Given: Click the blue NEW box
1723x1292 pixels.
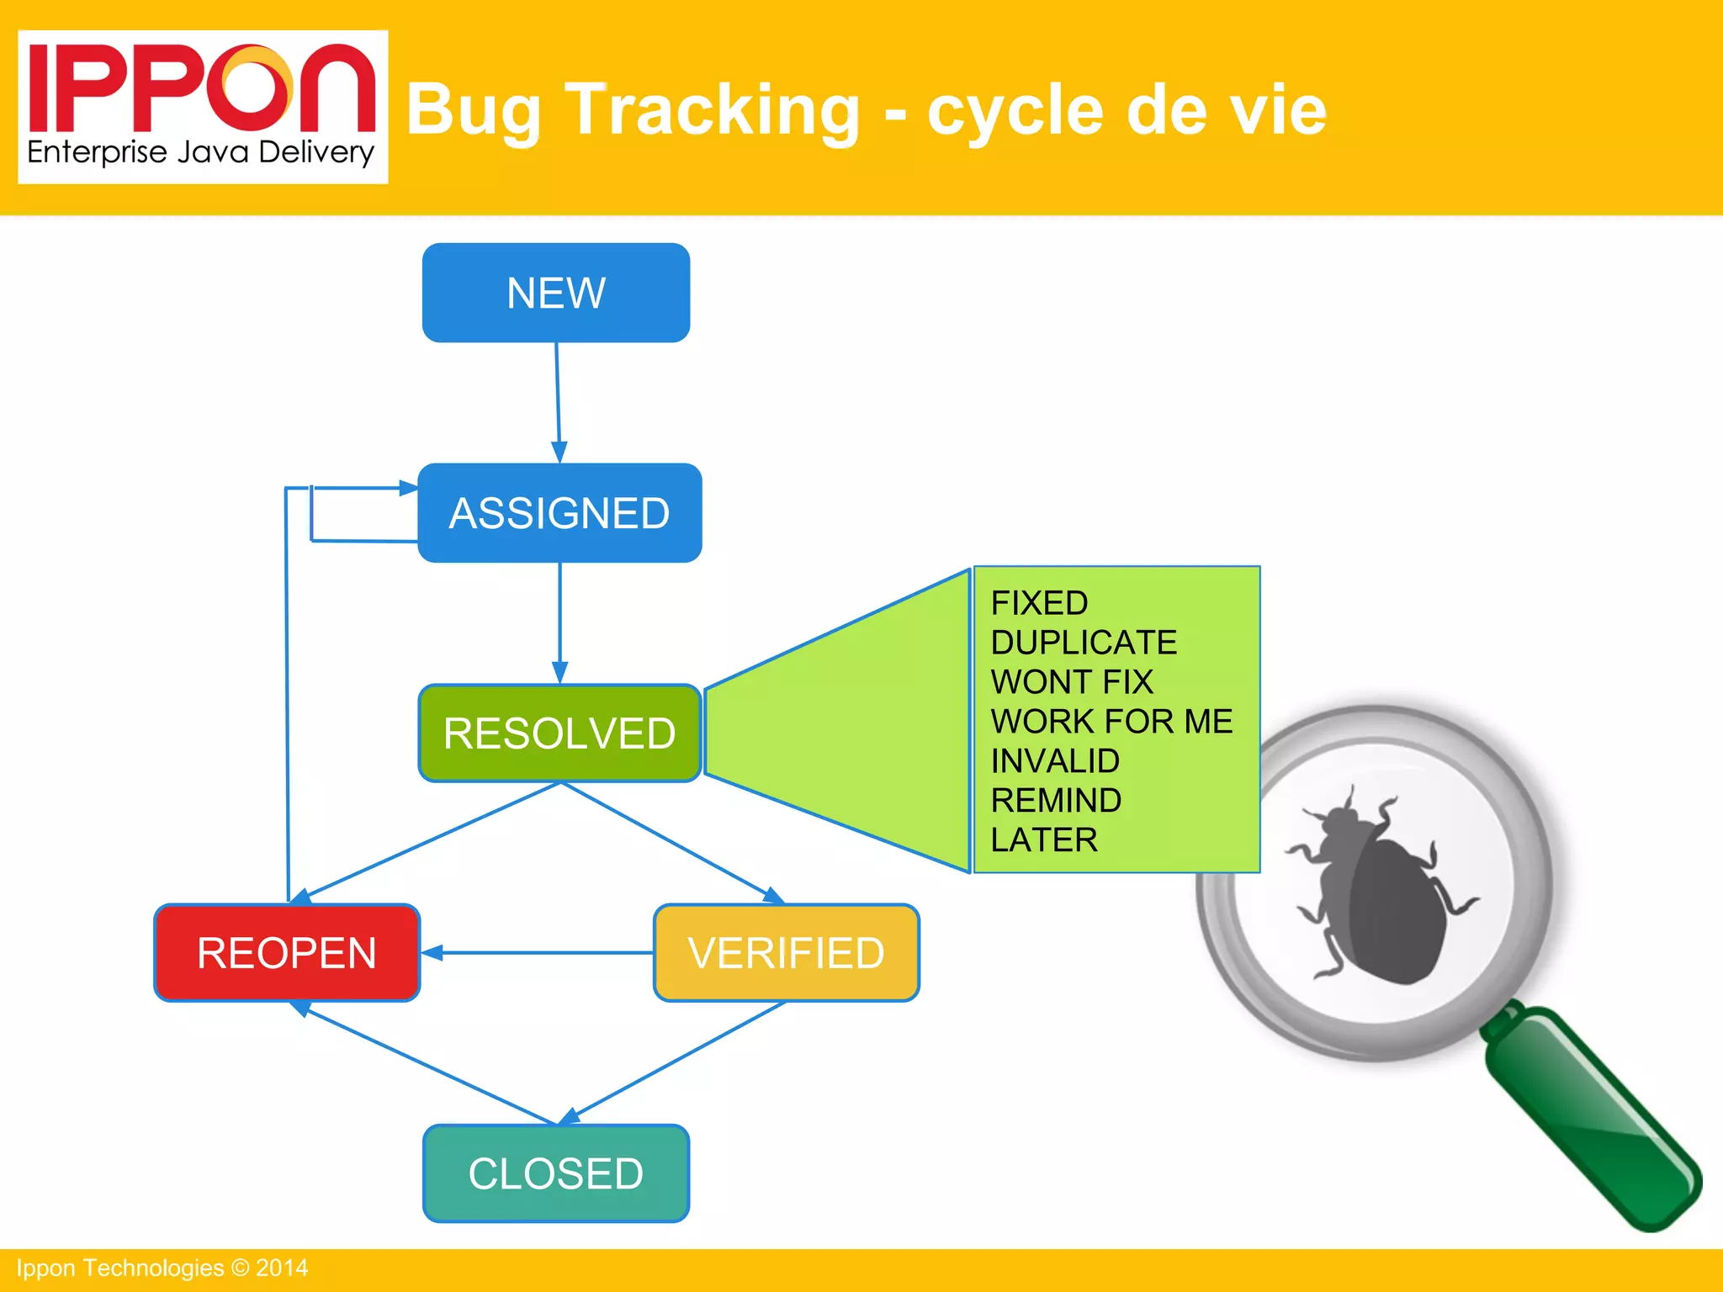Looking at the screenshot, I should point(555,293).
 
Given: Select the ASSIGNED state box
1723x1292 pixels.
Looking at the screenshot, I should point(559,512).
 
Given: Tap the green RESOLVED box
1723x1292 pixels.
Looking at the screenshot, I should point(559,733).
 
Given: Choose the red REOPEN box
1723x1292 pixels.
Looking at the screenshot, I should point(286,953).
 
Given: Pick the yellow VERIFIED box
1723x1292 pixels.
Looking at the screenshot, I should point(786,953).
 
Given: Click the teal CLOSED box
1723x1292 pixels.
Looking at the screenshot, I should point(555,1173).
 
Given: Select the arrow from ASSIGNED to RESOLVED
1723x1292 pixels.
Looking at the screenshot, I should point(560,622).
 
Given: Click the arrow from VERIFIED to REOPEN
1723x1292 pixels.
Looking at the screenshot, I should point(538,953).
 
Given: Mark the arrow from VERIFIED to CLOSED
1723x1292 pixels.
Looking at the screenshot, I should point(677,1062).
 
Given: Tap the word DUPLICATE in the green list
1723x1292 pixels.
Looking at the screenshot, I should point(1084,643).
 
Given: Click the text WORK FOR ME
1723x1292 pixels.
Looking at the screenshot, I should point(1111,722).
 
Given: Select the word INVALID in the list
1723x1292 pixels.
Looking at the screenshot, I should point(1055,761).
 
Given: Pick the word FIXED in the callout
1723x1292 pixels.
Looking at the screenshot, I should point(1039,603).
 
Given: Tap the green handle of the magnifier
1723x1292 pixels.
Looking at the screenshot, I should point(1590,1119).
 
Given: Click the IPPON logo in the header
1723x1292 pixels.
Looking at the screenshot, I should point(202,88).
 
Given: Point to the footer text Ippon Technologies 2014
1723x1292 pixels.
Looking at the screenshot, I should point(162,1268).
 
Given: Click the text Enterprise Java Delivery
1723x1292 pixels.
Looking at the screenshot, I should point(200,153).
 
